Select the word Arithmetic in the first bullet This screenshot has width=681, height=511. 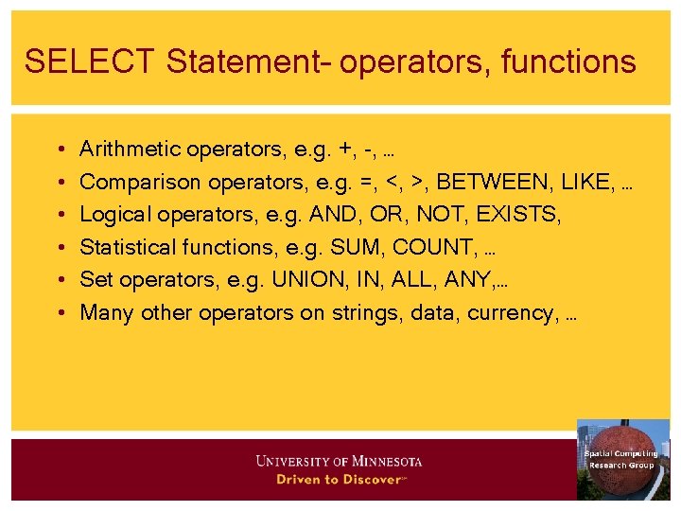131,149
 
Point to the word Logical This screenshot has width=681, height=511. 115,215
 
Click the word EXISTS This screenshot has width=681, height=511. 518,215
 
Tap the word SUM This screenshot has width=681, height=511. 350,248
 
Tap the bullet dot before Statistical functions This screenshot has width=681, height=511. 60,248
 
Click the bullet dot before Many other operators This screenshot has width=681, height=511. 60,313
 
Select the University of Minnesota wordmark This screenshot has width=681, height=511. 340,462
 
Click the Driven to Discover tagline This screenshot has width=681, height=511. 340,480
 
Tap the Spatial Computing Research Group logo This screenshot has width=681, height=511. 621,459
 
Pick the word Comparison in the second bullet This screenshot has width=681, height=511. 133,182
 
